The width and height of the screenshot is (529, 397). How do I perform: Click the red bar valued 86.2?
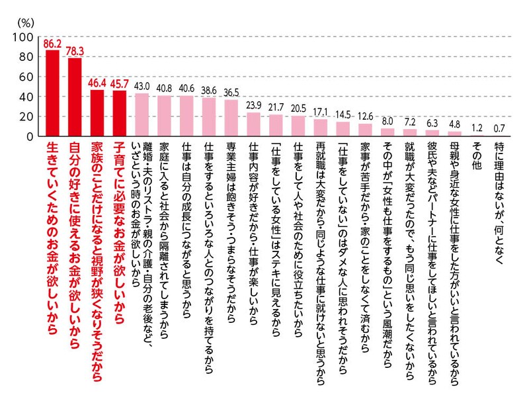tap(52, 93)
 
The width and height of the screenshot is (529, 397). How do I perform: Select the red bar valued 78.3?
tap(75, 97)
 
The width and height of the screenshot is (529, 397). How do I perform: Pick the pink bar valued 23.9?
tap(253, 124)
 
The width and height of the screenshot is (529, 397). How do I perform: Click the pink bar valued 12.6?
tap(365, 130)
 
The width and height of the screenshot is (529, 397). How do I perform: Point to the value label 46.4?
tap(97, 85)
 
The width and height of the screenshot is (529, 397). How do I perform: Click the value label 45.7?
tap(120, 85)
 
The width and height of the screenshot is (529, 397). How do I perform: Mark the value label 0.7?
tap(499, 128)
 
